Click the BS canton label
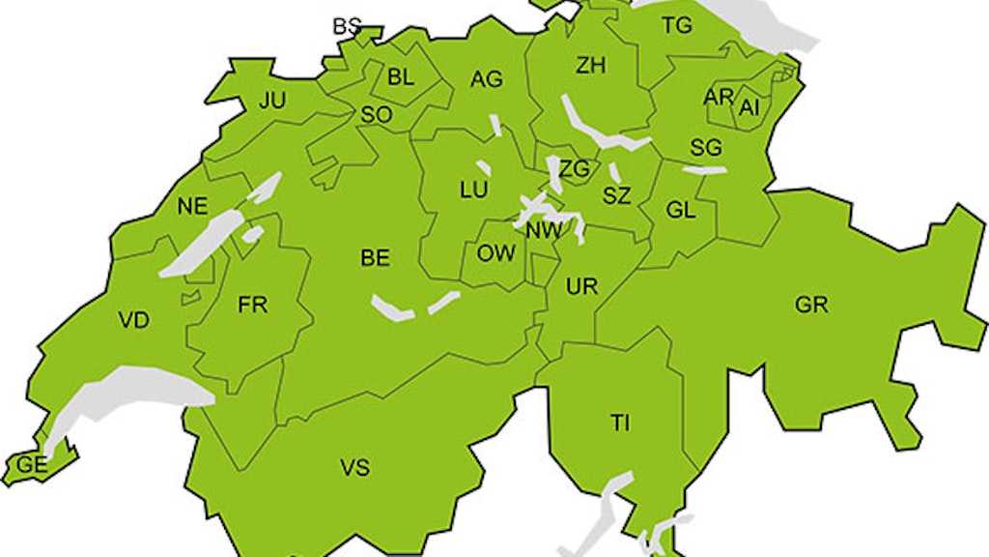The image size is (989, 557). coord(347,26)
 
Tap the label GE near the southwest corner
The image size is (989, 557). coord(32,465)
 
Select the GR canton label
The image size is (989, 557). coord(811,306)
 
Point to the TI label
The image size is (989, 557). coord(620,423)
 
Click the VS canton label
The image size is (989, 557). coord(354,469)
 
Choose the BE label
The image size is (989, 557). coord(375,258)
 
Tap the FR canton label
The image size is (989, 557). coord(252,307)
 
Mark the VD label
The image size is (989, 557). coord(134,320)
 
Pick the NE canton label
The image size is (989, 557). coord(192,206)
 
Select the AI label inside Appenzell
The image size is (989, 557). coord(749,109)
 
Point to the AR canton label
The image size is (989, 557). coord(719,98)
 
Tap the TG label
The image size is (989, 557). coord(677,26)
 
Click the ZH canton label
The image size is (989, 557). coord(590,66)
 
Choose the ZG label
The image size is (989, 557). coord(574,169)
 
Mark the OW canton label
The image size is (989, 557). coord(496,254)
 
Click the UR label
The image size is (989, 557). coord(581,287)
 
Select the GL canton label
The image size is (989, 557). coord(681,211)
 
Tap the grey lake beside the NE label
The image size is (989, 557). coord(205,242)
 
